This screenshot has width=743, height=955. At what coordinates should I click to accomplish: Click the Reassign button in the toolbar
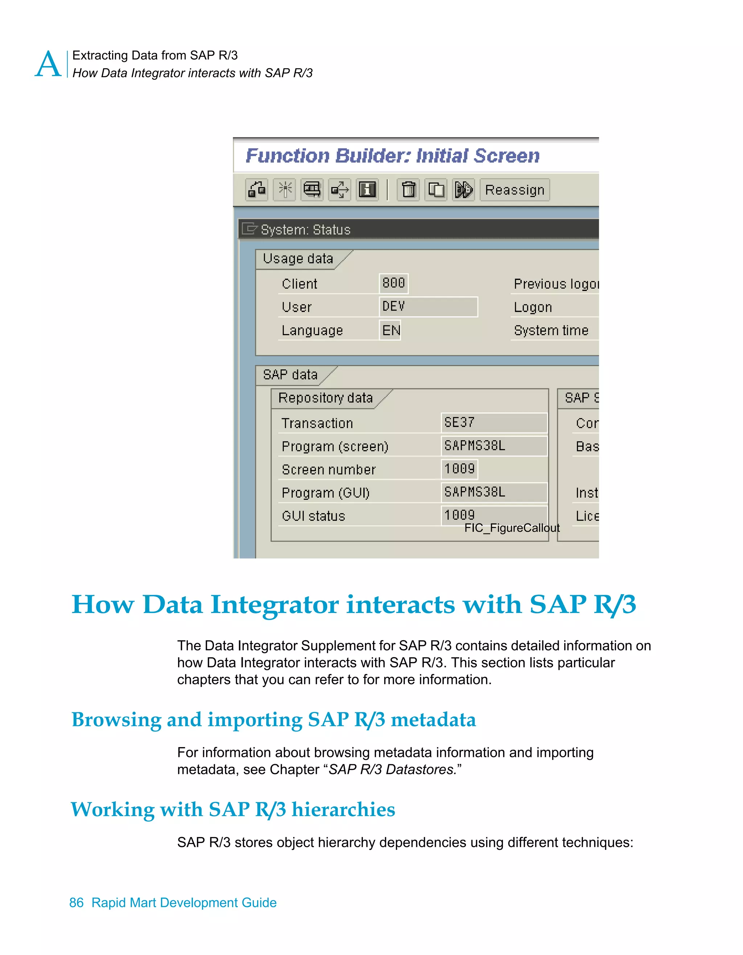tap(514, 190)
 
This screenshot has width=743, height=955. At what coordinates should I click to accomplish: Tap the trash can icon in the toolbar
tap(409, 190)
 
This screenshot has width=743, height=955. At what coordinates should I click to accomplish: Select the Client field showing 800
tap(394, 283)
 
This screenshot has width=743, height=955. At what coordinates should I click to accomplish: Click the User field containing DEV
tap(428, 306)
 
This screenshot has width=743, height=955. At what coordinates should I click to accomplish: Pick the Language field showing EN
tap(390, 330)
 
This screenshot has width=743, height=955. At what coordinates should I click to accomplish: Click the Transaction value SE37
tap(493, 423)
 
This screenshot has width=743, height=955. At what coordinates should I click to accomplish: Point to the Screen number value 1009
tap(459, 469)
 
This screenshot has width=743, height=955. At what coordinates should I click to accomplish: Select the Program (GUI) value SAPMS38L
tap(493, 492)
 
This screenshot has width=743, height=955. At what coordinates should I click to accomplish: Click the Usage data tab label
tap(298, 259)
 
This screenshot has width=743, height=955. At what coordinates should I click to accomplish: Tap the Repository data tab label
tap(325, 398)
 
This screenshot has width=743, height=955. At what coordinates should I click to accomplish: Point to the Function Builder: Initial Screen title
tap(392, 156)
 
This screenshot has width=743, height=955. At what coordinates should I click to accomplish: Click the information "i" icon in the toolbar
tap(367, 190)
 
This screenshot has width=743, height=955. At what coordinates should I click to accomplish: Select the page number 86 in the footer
tap(76, 902)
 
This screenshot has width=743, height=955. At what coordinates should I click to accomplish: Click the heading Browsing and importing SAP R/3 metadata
tap(273, 719)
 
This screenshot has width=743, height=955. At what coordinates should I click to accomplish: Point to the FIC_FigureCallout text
tap(512, 528)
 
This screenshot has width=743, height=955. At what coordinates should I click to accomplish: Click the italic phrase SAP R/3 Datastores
tap(392, 769)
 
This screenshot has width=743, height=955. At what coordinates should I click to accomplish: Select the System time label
tap(551, 330)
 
